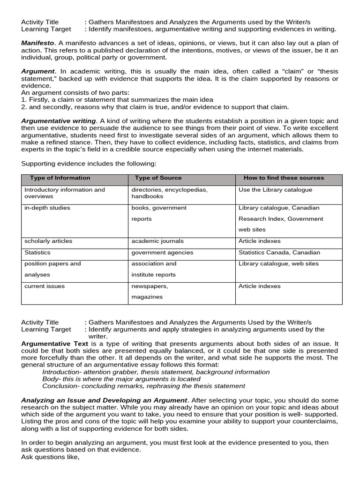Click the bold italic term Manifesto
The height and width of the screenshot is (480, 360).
[37, 43]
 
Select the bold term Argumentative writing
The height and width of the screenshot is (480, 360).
[59, 121]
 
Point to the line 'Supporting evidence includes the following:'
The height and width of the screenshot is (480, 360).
[89, 164]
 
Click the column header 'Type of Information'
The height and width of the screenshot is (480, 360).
[60, 178]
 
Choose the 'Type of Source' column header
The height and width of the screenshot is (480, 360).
[158, 178]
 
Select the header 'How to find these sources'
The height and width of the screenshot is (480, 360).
[284, 178]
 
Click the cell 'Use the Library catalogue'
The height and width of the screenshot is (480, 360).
[275, 190]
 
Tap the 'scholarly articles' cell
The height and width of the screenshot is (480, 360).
[48, 241]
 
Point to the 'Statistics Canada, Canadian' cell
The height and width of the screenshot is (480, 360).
[279, 252]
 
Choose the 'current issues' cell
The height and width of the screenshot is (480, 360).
[45, 286]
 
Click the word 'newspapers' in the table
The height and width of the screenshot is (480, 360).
[150, 286]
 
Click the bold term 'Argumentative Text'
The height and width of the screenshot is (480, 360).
[55, 344]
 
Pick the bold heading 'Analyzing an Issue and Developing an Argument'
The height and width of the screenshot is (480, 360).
[104, 400]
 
